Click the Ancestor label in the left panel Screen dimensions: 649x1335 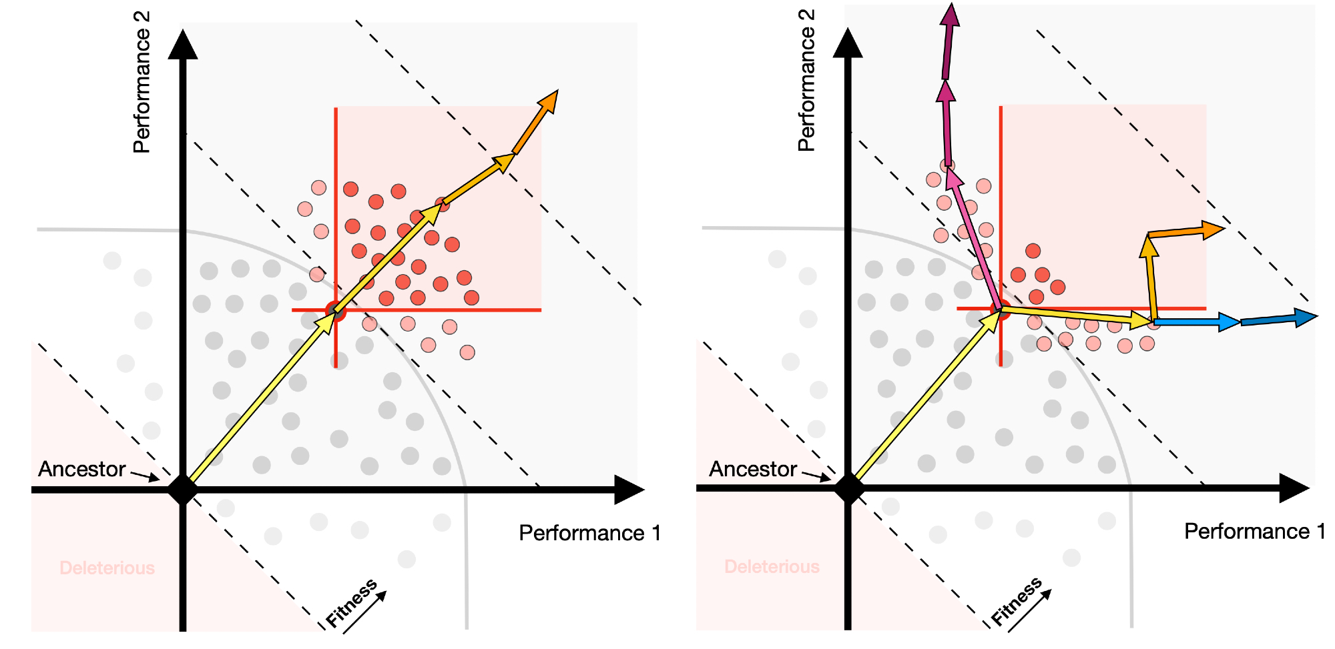tap(81, 469)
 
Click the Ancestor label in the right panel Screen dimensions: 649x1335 tap(753, 469)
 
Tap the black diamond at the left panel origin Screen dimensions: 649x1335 tap(183, 490)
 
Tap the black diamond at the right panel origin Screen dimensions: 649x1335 tap(848, 488)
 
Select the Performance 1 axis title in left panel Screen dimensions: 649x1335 tap(589, 533)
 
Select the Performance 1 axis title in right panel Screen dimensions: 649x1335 tap(1254, 531)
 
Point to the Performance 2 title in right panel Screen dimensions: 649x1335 tap(806, 81)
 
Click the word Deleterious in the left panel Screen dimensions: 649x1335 tap(107, 568)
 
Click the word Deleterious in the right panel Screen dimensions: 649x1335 tap(772, 566)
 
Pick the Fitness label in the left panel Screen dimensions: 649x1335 tap(352, 604)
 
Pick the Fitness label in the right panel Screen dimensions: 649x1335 tap(1016, 602)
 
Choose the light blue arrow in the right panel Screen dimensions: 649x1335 tap(1195, 322)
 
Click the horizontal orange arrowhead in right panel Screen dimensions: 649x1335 tap(1212, 230)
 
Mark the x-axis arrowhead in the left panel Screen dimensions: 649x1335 tap(628, 490)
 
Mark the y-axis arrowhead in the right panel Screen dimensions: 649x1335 tap(848, 43)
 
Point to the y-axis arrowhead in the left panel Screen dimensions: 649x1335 tap(183, 44)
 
